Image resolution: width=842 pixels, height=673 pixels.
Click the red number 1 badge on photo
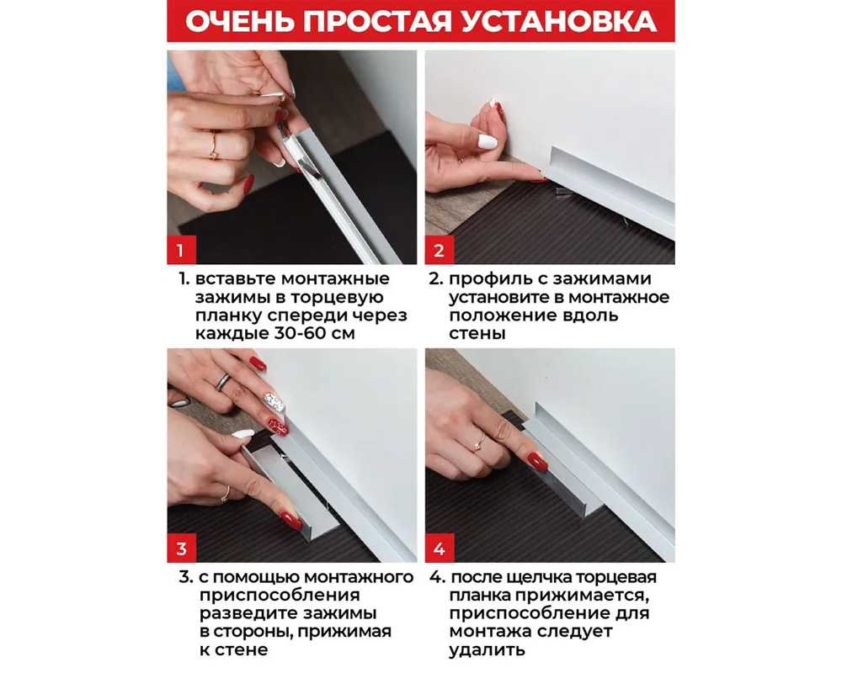tap(182, 250)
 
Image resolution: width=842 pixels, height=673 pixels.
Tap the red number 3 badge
tap(182, 548)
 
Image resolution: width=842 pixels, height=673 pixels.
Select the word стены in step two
tap(477, 334)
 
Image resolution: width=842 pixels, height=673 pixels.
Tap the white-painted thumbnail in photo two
tap(488, 141)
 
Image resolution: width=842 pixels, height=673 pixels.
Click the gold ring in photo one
tap(215, 146)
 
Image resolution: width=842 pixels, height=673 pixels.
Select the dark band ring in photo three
tap(223, 381)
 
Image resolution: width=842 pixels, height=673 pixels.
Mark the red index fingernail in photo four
tap(536, 461)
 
